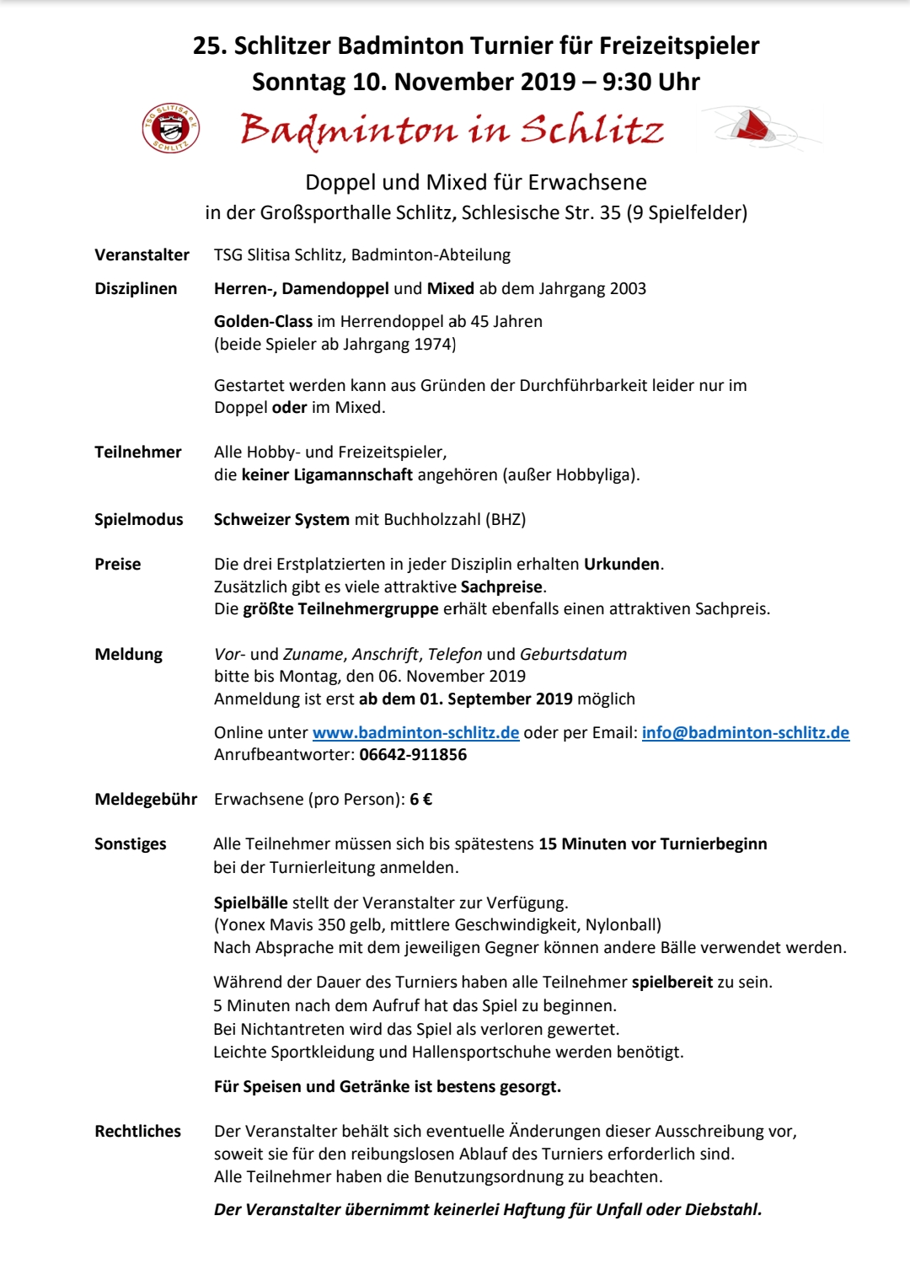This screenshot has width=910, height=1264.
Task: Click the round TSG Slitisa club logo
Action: click(x=171, y=128)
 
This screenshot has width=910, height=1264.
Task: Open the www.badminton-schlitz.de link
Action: click(x=415, y=732)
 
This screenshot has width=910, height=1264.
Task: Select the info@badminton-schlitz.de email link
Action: click(x=745, y=732)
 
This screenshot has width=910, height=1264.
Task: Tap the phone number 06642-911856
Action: click(x=413, y=754)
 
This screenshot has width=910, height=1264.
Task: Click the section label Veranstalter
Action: click(x=142, y=254)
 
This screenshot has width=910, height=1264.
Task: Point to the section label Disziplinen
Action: click(x=136, y=288)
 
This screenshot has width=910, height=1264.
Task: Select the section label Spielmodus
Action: click(x=138, y=519)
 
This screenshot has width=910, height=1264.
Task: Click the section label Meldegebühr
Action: click(x=146, y=799)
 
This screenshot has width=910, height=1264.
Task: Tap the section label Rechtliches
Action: click(x=137, y=1131)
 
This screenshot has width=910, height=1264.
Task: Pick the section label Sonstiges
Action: click(x=131, y=844)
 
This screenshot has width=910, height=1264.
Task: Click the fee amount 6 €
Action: click(x=420, y=799)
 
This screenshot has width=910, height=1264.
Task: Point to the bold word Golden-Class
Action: click(x=263, y=321)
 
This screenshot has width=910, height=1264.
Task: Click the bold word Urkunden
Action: click(x=622, y=564)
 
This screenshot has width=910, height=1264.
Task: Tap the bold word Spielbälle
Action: click(x=250, y=902)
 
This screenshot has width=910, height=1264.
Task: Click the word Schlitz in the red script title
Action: click(x=591, y=129)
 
